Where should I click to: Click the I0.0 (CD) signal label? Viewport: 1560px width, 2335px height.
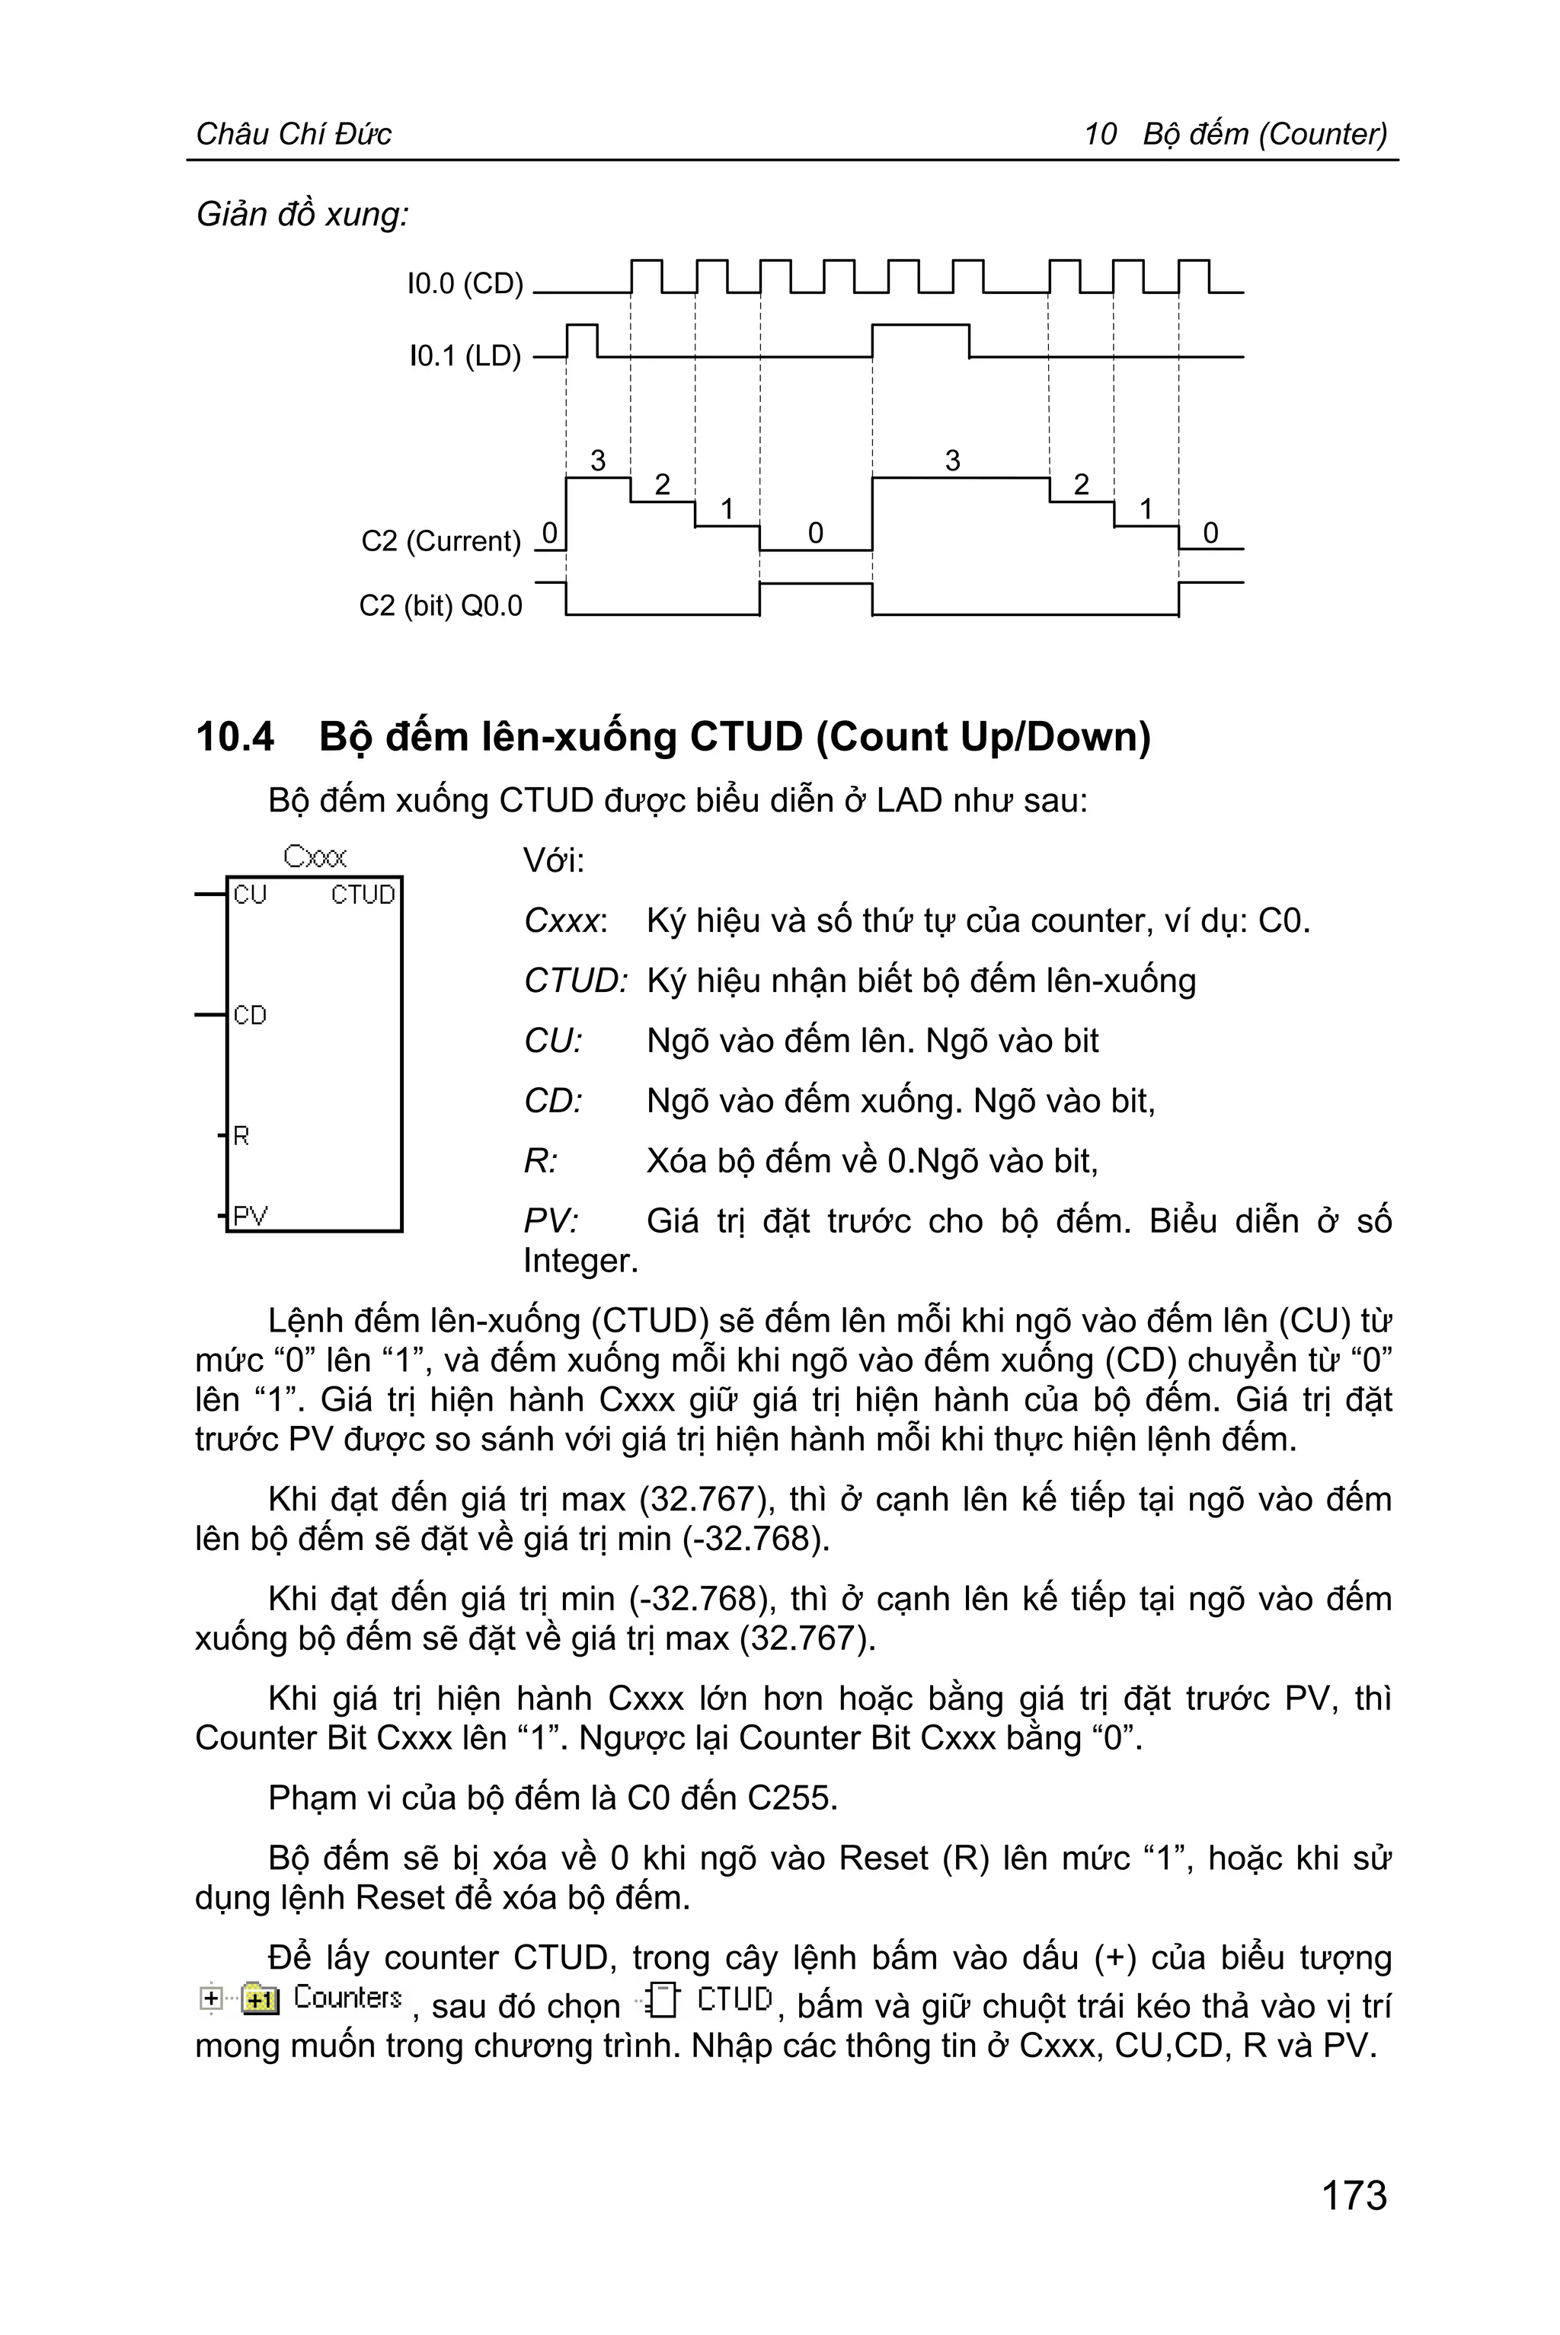[465, 285]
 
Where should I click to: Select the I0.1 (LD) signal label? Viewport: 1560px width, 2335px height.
[465, 356]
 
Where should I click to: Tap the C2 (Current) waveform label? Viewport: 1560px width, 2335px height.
[441, 541]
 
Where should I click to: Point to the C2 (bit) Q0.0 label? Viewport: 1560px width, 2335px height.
[441, 605]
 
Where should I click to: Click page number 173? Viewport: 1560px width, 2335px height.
[1353, 2195]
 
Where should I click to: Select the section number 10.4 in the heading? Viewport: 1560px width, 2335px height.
[235, 737]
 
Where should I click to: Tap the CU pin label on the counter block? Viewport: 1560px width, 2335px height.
[250, 895]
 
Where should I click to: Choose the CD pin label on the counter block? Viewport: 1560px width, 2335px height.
[250, 1016]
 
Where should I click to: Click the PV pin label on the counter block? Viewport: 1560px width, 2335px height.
[250, 1215]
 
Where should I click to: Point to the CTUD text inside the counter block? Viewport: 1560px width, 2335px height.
[363, 895]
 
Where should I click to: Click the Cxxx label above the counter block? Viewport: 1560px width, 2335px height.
[315, 856]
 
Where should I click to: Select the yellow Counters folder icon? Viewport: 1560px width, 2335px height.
[261, 1998]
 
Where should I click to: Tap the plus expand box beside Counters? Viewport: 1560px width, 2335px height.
[211, 1998]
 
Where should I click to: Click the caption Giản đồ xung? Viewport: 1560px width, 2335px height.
[302, 214]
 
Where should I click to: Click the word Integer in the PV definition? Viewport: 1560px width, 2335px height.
[580, 1261]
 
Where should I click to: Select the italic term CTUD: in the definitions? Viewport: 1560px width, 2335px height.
[575, 981]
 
